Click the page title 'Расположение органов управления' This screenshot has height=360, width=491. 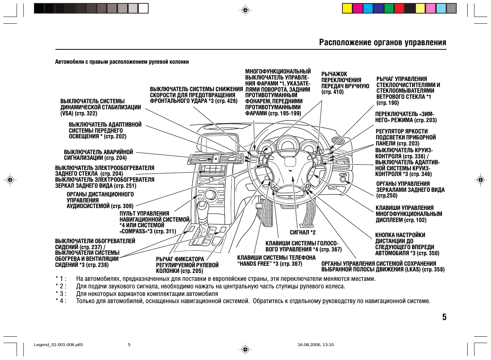click(382, 42)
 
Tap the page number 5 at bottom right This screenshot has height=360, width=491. click(444, 317)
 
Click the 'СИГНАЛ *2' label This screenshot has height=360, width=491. click(302, 233)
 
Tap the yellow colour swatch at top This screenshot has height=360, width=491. click(347, 8)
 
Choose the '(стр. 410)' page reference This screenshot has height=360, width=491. click(332, 92)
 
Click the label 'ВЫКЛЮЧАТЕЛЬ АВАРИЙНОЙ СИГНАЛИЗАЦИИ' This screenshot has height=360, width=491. click(98, 155)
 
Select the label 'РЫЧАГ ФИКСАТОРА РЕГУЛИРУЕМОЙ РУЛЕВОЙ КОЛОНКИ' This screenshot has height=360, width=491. click(187, 265)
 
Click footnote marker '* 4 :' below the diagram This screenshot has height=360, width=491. click(61, 301)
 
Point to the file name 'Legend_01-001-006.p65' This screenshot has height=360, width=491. click(58, 345)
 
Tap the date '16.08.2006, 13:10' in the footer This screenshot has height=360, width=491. click(315, 345)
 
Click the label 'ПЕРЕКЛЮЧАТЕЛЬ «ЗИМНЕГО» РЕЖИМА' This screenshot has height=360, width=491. click(405, 117)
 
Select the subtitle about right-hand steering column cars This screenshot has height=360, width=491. click(122, 62)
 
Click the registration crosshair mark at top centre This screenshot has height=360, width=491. click(245, 10)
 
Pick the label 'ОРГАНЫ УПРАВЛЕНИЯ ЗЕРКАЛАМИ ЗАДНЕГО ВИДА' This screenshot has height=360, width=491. click(410, 190)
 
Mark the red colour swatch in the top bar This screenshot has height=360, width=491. click(399, 8)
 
